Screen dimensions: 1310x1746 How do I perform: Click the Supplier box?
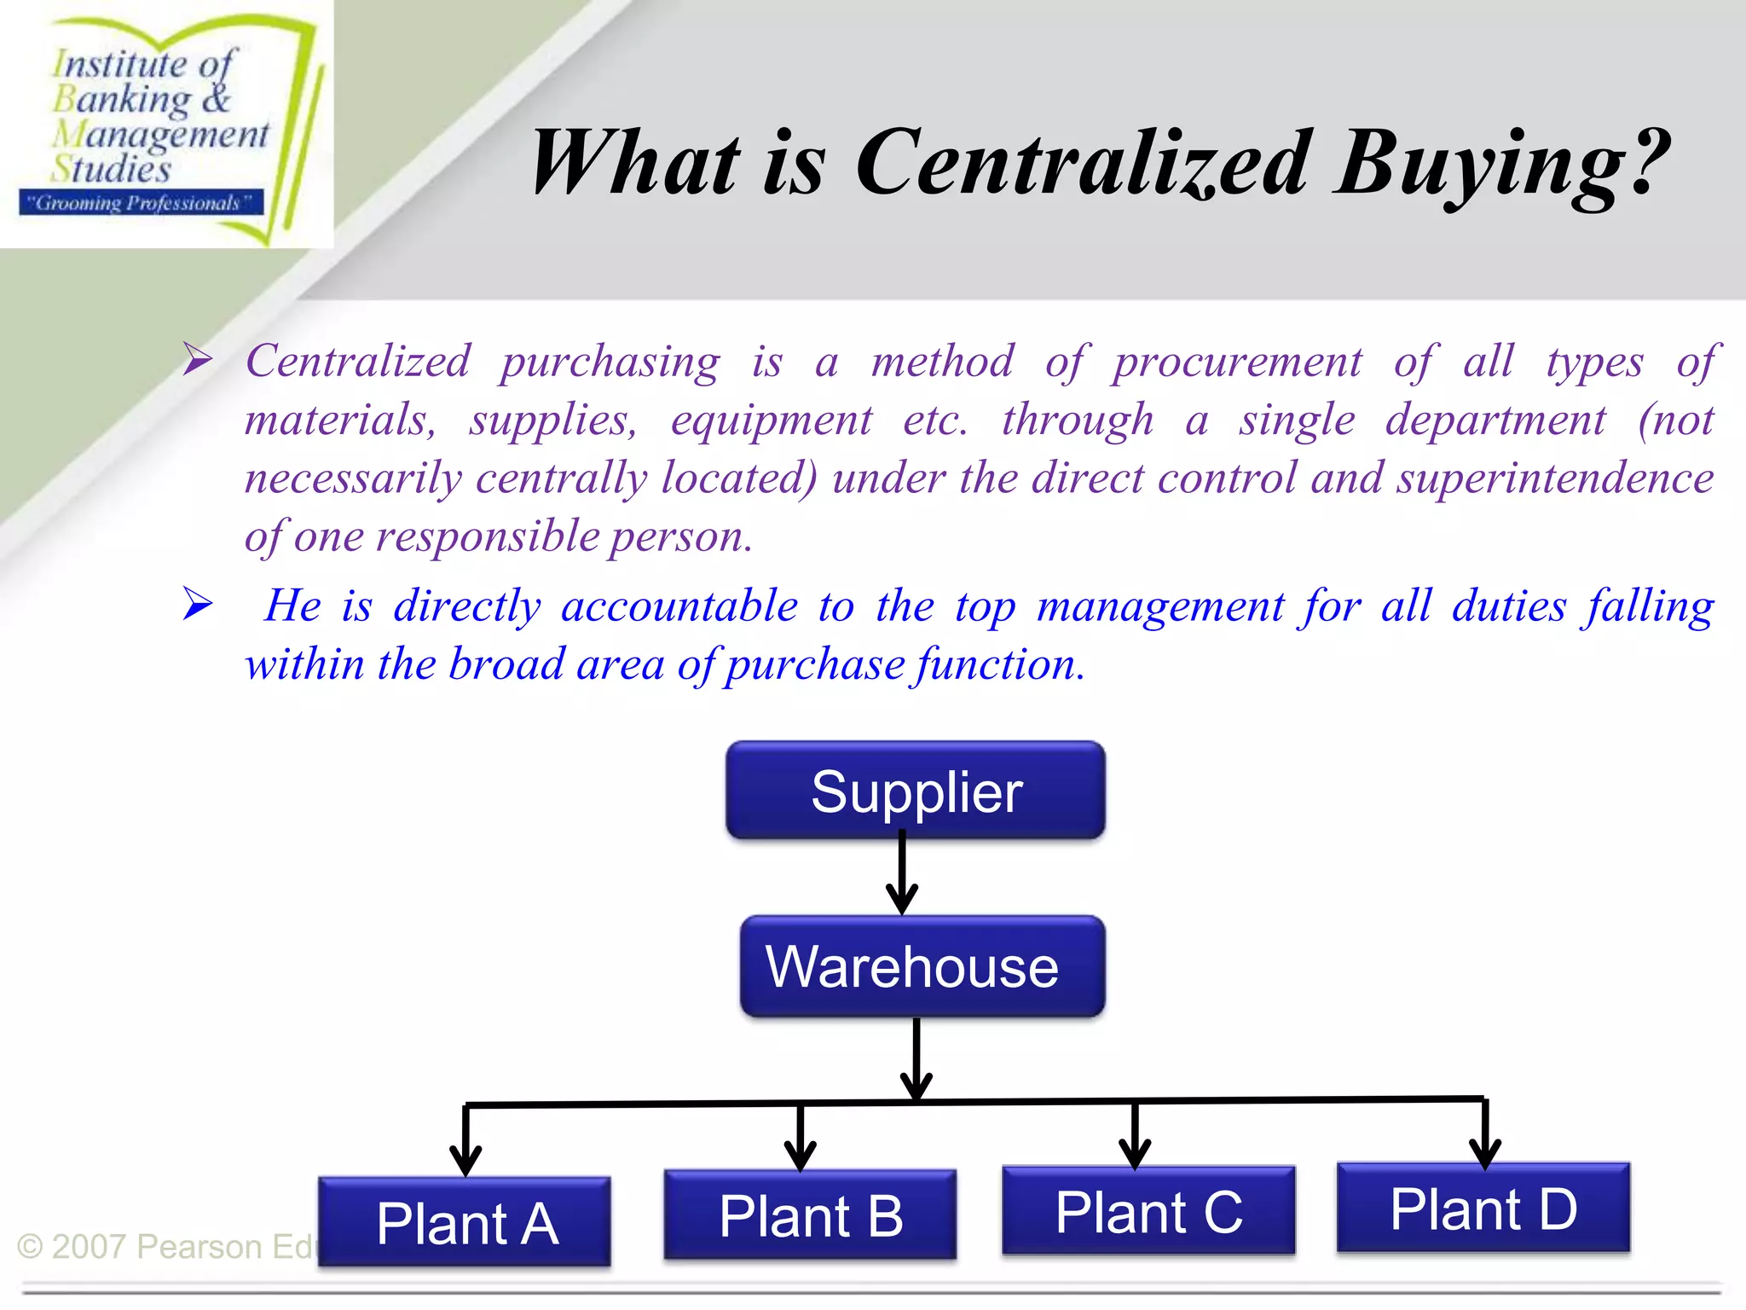click(916, 791)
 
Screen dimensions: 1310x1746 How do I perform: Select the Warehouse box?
click(922, 966)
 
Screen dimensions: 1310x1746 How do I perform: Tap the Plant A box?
click(465, 1221)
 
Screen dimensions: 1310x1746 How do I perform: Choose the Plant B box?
click(810, 1214)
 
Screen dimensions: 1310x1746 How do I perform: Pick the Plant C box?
click(1148, 1210)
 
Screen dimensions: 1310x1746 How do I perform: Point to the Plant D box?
click(1483, 1208)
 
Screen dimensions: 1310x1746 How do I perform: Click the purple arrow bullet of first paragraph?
click(198, 359)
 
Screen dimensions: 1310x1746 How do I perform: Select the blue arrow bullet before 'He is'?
click(198, 605)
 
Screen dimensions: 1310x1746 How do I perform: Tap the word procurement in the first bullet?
click(1237, 362)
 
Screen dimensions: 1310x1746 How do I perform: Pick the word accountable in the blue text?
click(679, 606)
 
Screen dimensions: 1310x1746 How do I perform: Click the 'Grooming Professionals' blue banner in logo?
click(141, 203)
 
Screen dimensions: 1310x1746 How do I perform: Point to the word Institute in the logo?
click(119, 64)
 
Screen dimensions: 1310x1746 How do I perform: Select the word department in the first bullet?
click(1495, 420)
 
